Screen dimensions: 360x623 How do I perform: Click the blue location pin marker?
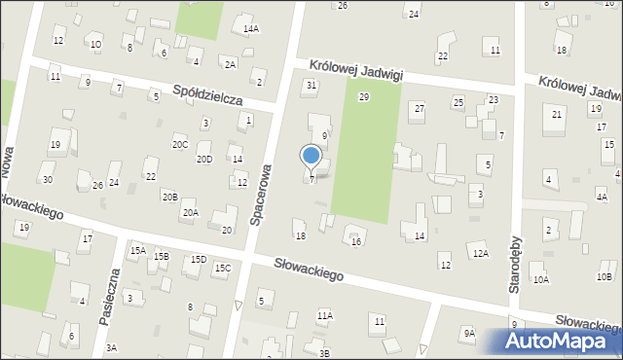(311, 157)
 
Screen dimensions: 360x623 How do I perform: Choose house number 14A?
(251, 29)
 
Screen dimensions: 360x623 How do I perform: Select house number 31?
(311, 86)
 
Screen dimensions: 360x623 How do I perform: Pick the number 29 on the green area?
(364, 97)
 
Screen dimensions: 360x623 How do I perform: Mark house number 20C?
(180, 144)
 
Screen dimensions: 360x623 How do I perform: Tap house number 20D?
(204, 159)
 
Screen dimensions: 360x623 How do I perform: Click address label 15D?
(199, 260)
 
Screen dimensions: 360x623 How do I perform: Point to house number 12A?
(479, 253)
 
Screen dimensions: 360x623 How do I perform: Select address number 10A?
(541, 279)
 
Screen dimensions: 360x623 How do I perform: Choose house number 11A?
(325, 315)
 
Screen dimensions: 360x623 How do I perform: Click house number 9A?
(469, 333)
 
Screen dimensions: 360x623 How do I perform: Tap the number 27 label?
(419, 108)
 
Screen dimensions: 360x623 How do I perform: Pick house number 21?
(557, 115)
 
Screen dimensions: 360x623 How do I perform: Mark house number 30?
(47, 179)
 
